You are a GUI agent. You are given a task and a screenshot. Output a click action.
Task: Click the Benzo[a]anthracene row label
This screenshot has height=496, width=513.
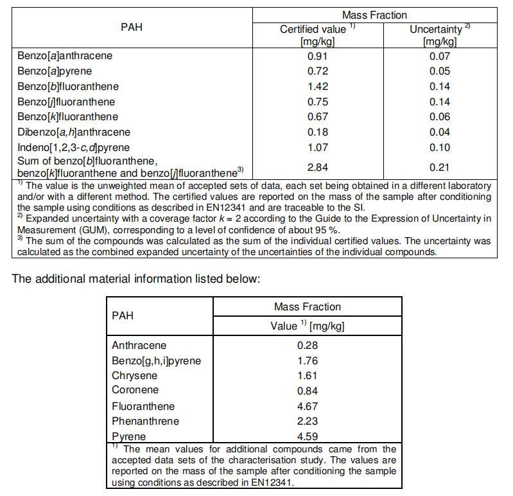[65, 56]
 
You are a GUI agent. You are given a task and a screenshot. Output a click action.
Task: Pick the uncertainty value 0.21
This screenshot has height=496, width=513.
[440, 168]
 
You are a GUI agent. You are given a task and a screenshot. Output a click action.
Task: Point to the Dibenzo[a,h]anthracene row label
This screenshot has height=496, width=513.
[74, 132]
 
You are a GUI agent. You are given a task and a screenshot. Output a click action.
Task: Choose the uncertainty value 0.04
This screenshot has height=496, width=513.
[440, 132]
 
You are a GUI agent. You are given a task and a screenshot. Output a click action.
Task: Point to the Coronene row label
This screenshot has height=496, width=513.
[135, 390]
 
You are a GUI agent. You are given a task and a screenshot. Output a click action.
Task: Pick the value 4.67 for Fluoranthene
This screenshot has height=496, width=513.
[308, 407]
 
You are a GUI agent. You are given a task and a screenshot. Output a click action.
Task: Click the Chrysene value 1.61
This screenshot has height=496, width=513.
[308, 376]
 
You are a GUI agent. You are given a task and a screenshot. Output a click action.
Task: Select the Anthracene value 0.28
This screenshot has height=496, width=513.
[308, 346]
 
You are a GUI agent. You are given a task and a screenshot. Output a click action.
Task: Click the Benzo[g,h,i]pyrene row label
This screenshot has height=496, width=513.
[156, 361]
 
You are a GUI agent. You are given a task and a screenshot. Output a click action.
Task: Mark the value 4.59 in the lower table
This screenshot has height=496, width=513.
[308, 437]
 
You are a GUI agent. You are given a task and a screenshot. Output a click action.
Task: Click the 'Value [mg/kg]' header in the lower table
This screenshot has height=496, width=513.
[308, 326]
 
